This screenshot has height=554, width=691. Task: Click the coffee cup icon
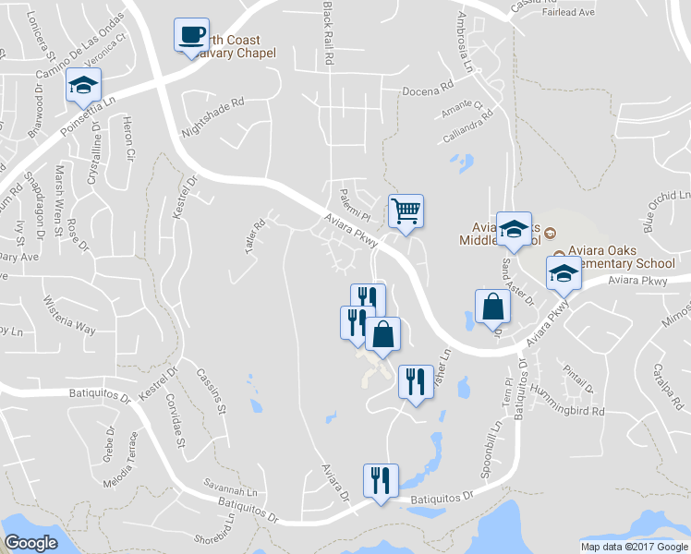pyautogui.click(x=191, y=36)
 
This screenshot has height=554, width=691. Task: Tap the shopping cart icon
pyautogui.click(x=406, y=211)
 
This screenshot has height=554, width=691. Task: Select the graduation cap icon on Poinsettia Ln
pyautogui.click(x=82, y=87)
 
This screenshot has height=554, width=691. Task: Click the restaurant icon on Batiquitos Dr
pyautogui.click(x=381, y=480)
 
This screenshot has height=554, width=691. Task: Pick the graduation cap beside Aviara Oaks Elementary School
pyautogui.click(x=563, y=272)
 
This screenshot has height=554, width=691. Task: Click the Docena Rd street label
pyautogui.click(x=428, y=91)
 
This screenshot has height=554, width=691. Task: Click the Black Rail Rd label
pyautogui.click(x=328, y=32)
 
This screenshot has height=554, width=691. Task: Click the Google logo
pyautogui.click(x=30, y=542)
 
